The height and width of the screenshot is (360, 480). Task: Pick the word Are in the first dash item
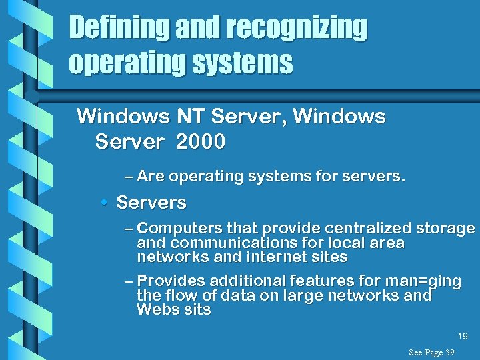151,177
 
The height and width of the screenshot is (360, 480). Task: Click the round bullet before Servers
107,203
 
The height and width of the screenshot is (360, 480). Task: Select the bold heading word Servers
151,203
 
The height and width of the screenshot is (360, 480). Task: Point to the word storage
445,229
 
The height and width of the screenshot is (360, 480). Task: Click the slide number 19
463,337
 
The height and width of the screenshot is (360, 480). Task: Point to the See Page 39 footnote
431,352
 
